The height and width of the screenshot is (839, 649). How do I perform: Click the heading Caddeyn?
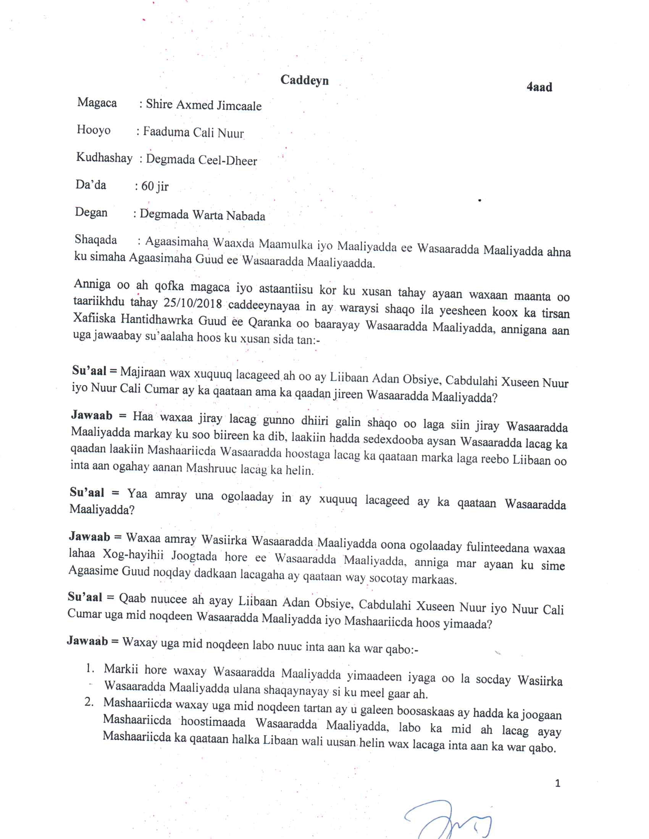click(x=304, y=80)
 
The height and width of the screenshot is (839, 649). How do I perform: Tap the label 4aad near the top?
click(x=539, y=87)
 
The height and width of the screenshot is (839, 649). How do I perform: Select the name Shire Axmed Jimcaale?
click(x=203, y=105)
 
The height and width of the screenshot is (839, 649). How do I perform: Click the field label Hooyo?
click(x=94, y=130)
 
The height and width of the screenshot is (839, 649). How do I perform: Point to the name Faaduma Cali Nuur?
click(x=194, y=133)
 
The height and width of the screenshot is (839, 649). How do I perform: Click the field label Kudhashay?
click(x=104, y=158)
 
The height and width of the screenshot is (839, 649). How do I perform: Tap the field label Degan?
click(x=91, y=212)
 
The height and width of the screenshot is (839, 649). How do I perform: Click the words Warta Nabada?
click(x=229, y=215)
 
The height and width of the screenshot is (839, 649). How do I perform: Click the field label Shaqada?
click(x=96, y=240)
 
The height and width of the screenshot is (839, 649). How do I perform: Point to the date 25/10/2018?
click(x=193, y=304)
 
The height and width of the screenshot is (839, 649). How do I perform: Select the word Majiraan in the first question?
click(x=143, y=372)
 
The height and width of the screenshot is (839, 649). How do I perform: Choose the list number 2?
click(x=89, y=702)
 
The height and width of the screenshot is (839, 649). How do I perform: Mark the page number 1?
click(x=558, y=783)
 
